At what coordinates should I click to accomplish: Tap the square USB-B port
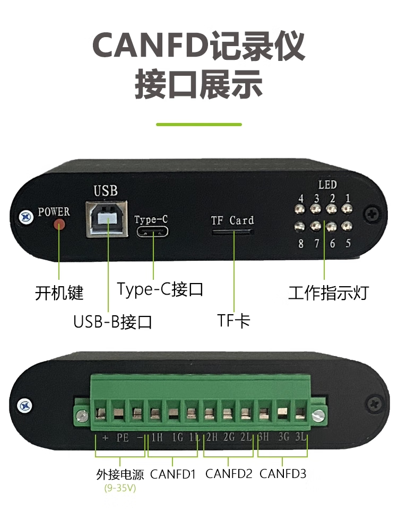[107, 217]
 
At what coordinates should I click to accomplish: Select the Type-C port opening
[153, 233]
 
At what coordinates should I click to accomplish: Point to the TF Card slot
[232, 232]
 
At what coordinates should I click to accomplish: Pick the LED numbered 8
[300, 226]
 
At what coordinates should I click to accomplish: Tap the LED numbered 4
[300, 211]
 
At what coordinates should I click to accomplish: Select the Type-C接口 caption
[160, 289]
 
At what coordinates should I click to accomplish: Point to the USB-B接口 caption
[113, 322]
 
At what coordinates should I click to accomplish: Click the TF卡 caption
[233, 321]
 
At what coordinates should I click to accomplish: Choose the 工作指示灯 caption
[328, 293]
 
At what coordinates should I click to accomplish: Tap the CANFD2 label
[229, 473]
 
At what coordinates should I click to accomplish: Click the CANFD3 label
[283, 473]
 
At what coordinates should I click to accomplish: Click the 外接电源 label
[120, 474]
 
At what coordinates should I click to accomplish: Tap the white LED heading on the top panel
[327, 185]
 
